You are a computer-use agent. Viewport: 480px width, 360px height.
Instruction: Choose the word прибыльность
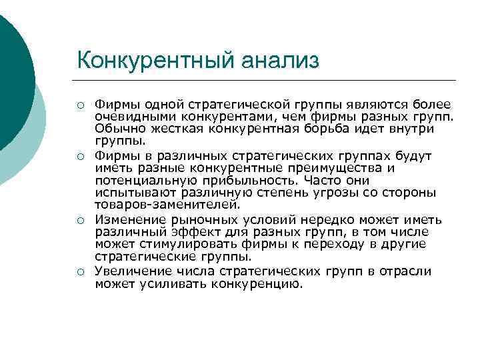click(x=255, y=181)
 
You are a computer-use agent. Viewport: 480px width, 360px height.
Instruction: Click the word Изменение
click(x=127, y=219)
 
